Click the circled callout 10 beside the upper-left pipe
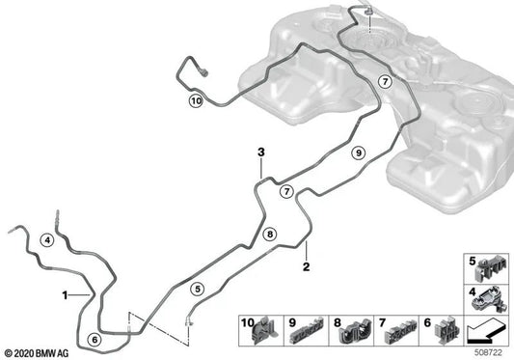197,100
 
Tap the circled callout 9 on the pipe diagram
357,152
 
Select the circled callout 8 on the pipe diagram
270,233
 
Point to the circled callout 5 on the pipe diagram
198,287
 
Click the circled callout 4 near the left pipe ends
48,239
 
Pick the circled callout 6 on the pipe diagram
93,339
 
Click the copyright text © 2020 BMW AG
36,353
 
